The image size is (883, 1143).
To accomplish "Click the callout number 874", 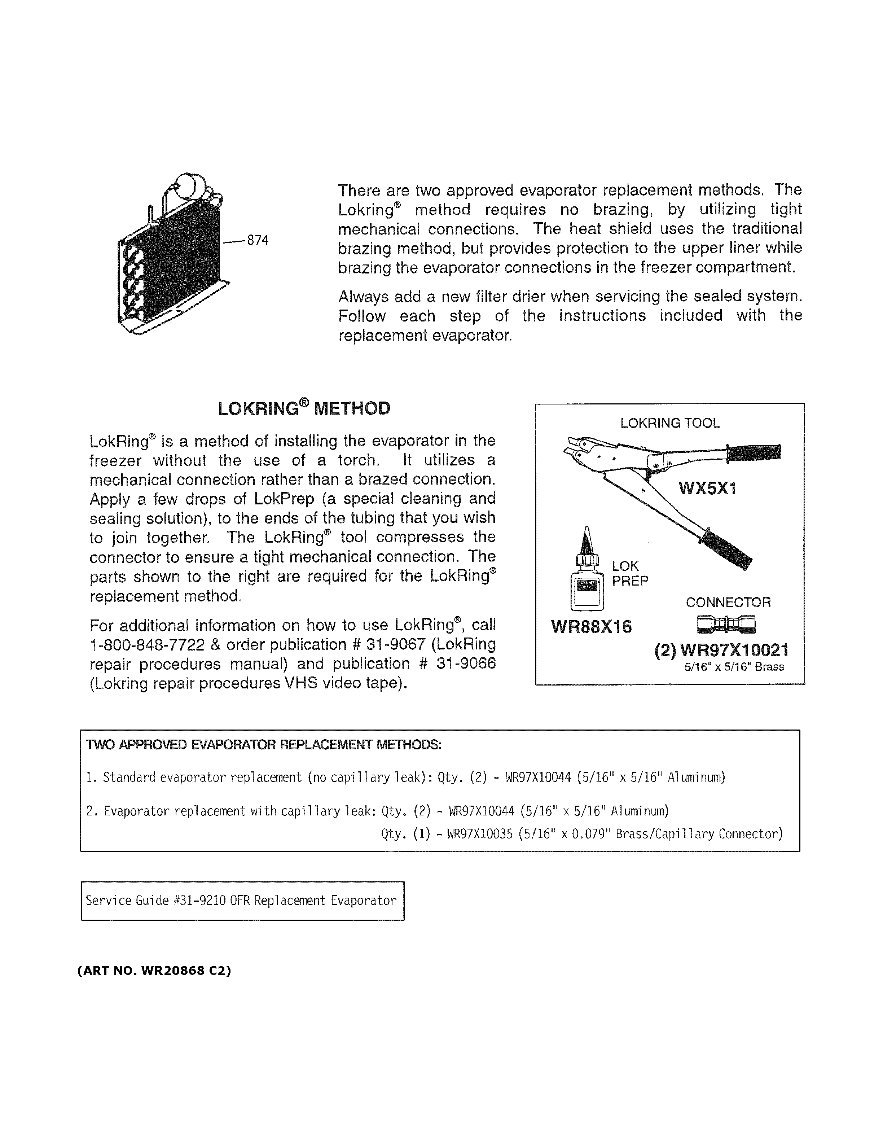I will click(x=258, y=240).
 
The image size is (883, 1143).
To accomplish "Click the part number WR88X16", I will click(x=591, y=626).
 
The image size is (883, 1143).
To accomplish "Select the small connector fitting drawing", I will click(x=726, y=624).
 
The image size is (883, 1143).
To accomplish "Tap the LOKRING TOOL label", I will click(x=669, y=423).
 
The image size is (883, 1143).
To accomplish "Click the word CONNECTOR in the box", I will click(x=728, y=603).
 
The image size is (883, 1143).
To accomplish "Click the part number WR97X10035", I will click(x=480, y=834).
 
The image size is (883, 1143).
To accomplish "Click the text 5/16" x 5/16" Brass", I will click(x=734, y=667).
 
